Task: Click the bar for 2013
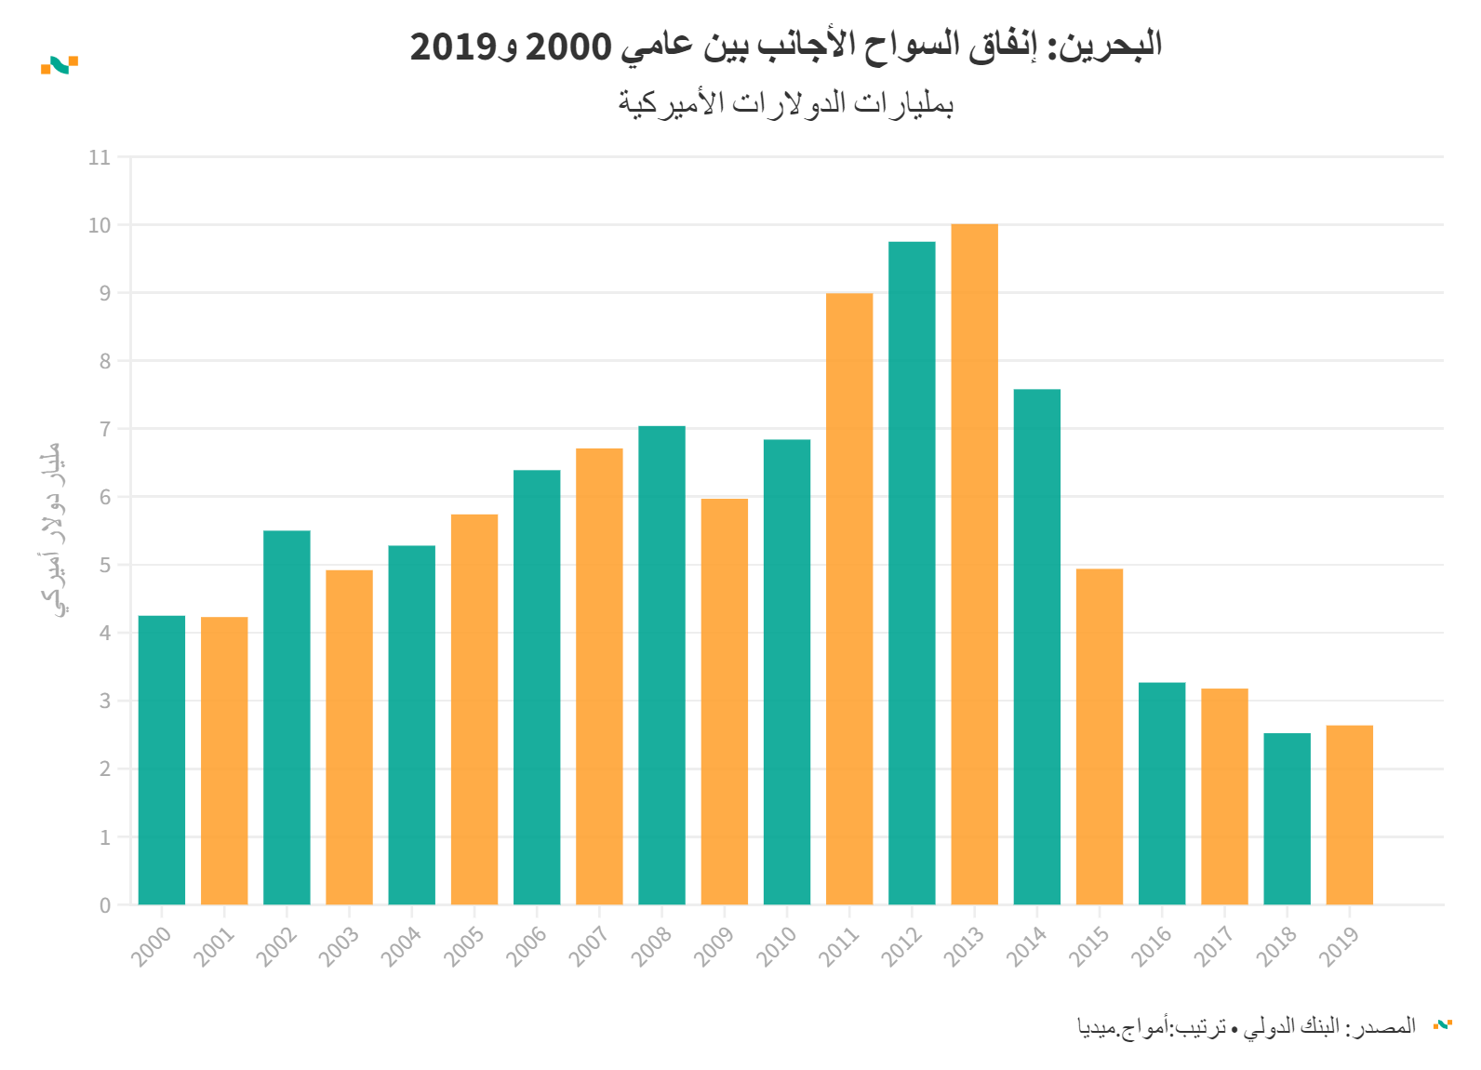click(x=974, y=564)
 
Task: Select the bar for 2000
click(x=162, y=759)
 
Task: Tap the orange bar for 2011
click(x=849, y=598)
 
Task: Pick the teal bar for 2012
click(x=912, y=572)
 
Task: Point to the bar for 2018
click(x=1287, y=819)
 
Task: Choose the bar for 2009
click(x=725, y=702)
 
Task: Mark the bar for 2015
click(x=1100, y=736)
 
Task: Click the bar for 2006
click(x=537, y=687)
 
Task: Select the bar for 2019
click(x=1349, y=814)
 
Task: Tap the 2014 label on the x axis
click(x=1028, y=945)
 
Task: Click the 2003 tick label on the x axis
click(x=340, y=945)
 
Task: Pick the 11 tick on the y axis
click(x=100, y=157)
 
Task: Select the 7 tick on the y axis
click(x=105, y=429)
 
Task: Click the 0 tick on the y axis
click(x=105, y=905)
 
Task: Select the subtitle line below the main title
click(x=786, y=102)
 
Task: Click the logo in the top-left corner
click(x=60, y=64)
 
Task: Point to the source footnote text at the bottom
click(x=1247, y=1026)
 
